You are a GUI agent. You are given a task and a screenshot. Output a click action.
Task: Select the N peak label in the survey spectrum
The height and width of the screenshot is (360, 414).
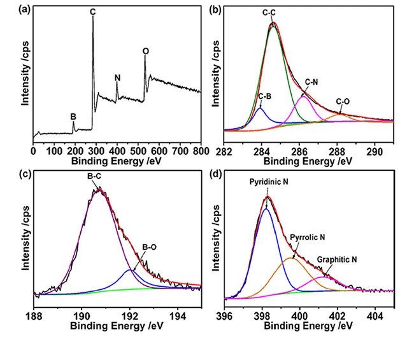(x=117, y=78)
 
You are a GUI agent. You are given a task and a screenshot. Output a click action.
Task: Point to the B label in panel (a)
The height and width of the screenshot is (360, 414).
(x=73, y=117)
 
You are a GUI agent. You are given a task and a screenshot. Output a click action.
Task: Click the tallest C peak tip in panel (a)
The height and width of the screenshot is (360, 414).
(x=93, y=16)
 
